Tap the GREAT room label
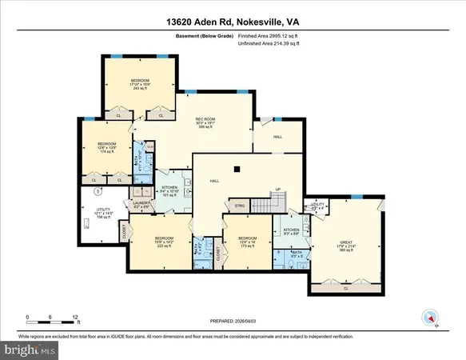(346, 246)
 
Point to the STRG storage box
(238, 206)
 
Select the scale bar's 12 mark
(74, 318)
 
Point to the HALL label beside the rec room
(277, 137)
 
